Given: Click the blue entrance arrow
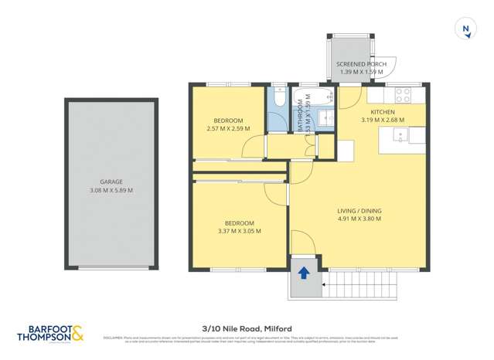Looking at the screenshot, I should coord(304,273).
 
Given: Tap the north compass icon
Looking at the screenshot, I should coord(466,29).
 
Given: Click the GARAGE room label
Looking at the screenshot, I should coord(111,182).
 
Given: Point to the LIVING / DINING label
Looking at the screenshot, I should coord(359,211).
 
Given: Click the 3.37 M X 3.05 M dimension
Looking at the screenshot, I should coord(240,230).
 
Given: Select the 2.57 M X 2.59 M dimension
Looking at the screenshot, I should coord(229,128).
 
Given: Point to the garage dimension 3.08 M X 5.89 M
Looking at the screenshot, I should coord(111,191).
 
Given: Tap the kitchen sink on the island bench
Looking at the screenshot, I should coord(400,136).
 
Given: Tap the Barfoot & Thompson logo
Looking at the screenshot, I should coord(52,333).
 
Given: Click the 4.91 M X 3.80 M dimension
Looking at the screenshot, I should coord(359,219).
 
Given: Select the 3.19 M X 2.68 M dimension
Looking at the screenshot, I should coord(382,120).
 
